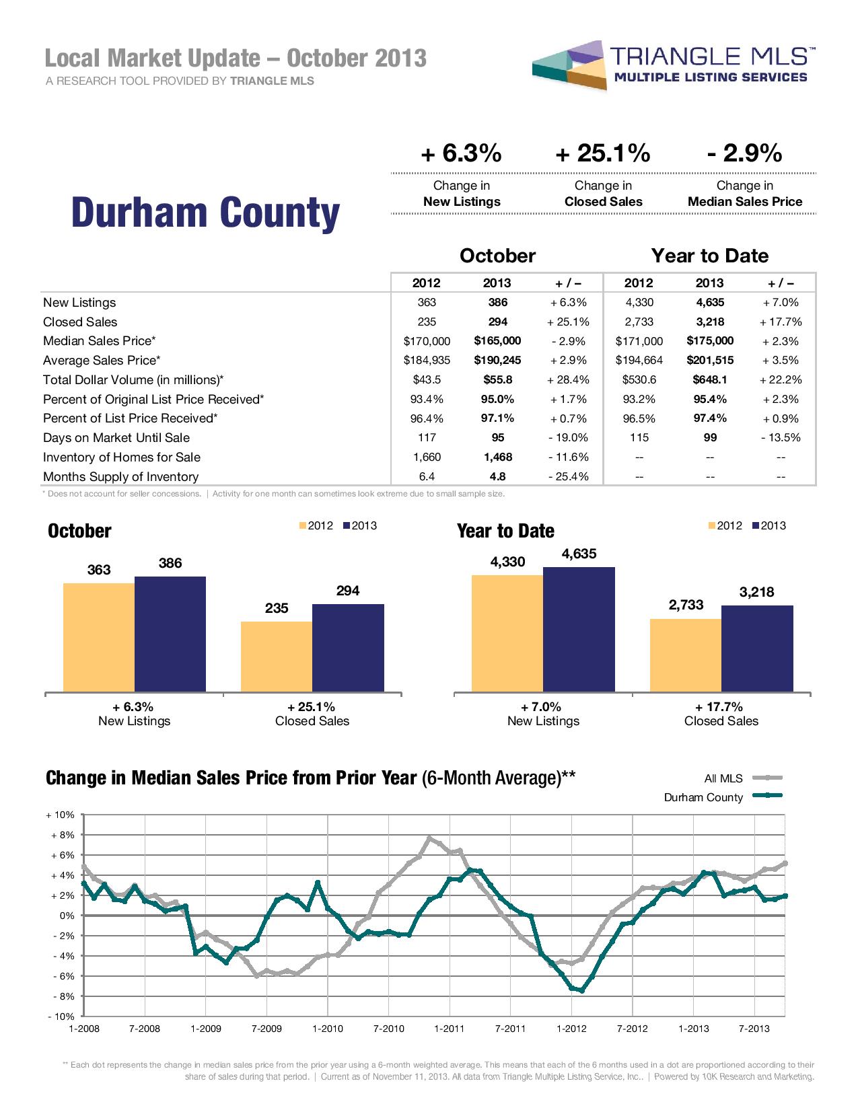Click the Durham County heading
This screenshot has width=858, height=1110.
pyautogui.click(x=205, y=213)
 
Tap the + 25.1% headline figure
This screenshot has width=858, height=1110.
pyautogui.click(x=603, y=154)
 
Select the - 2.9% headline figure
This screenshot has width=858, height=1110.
pyautogui.click(x=744, y=154)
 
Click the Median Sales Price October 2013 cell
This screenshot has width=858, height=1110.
pyautogui.click(x=497, y=341)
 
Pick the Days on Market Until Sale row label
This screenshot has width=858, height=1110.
pyautogui.click(x=116, y=438)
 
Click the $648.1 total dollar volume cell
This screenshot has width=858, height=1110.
pyautogui.click(x=709, y=379)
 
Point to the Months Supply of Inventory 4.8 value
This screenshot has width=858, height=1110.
pyautogui.click(x=497, y=476)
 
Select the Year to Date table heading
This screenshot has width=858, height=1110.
pyautogui.click(x=709, y=256)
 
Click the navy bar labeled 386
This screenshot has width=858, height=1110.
pyautogui.click(x=170, y=632)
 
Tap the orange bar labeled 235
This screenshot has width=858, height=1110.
pyautogui.click(x=277, y=656)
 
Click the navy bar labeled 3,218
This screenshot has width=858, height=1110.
pyautogui.click(x=757, y=648)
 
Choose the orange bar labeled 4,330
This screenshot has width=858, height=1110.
pyautogui.click(x=507, y=632)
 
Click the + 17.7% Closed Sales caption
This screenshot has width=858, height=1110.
pyautogui.click(x=721, y=714)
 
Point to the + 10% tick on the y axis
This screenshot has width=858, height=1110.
pyautogui.click(x=60, y=815)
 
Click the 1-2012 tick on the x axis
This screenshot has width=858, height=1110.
pyautogui.click(x=571, y=1029)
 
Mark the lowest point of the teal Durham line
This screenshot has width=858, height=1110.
pyautogui.click(x=581, y=990)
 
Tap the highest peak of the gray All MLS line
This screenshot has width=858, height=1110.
pyautogui.click(x=430, y=838)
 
